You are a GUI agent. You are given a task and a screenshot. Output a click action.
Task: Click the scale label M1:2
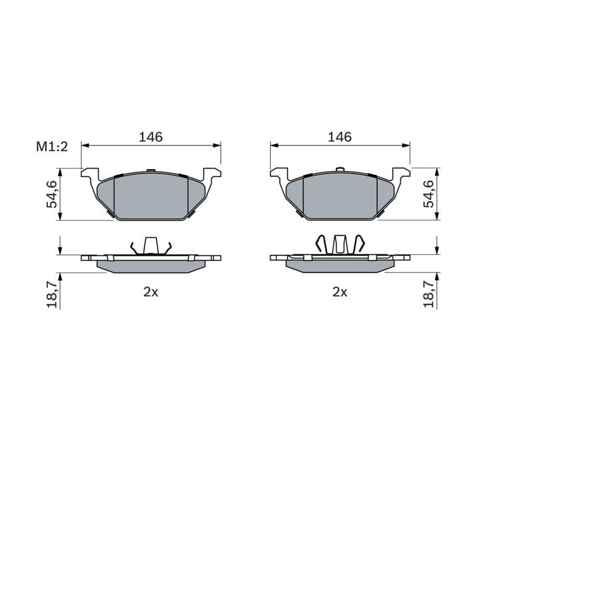click(51, 147)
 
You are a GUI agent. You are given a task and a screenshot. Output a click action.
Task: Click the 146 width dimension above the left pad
click(151, 137)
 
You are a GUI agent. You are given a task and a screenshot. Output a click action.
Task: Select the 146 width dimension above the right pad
click(339, 137)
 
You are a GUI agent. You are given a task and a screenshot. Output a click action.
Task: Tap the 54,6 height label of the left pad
click(53, 194)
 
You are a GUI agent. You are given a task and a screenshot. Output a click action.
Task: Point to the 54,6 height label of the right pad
click(429, 194)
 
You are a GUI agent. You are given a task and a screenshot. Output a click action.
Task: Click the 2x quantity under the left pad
click(151, 292)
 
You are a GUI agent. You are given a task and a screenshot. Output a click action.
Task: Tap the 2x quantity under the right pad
click(339, 292)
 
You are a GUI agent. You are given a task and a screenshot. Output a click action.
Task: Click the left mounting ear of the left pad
click(89, 174)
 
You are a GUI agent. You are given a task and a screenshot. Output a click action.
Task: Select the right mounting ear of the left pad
click(212, 174)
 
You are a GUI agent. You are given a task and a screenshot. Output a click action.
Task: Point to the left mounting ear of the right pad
click(278, 174)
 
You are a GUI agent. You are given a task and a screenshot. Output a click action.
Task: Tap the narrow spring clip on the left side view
click(151, 245)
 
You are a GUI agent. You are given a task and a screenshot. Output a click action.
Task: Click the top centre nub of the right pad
click(340, 169)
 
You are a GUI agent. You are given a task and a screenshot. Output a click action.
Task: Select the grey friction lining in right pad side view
click(339, 266)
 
